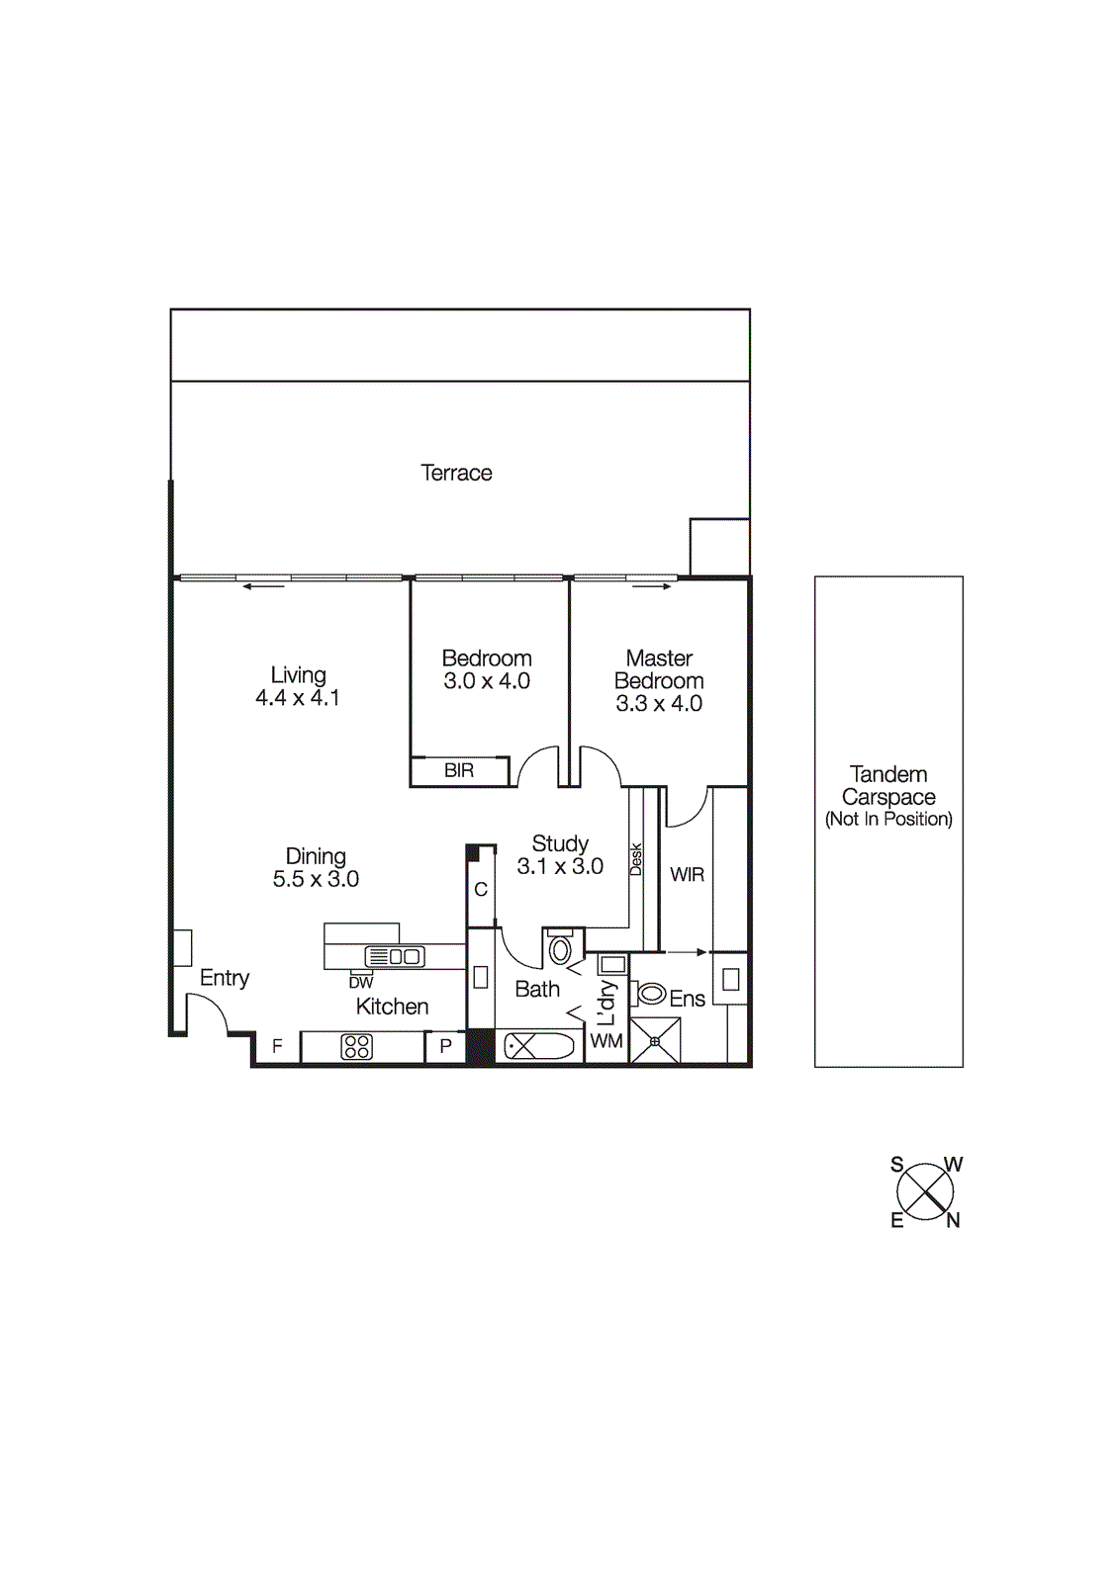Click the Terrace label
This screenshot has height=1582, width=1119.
(456, 473)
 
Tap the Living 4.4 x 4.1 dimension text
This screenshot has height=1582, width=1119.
(298, 698)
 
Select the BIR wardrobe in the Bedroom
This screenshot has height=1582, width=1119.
(459, 770)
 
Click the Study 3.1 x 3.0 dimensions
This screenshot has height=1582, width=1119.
(560, 867)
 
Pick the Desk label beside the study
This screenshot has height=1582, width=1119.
(636, 858)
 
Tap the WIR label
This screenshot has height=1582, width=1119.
(687, 875)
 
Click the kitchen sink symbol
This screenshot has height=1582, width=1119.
(395, 956)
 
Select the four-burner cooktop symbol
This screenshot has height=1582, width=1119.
(357, 1046)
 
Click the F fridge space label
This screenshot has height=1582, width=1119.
(277, 1046)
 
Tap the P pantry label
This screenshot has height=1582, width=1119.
(446, 1046)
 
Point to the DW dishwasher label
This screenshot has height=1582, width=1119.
(360, 983)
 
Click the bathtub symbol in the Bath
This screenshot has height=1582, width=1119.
(539, 1046)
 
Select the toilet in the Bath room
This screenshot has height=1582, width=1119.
(560, 949)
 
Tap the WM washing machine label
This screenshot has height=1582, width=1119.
(606, 1041)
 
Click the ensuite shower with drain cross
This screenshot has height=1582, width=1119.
(655, 1041)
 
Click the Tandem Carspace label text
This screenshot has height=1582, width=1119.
(888, 786)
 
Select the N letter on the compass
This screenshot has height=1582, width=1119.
(953, 1221)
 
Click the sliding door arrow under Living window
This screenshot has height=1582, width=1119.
(263, 587)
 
